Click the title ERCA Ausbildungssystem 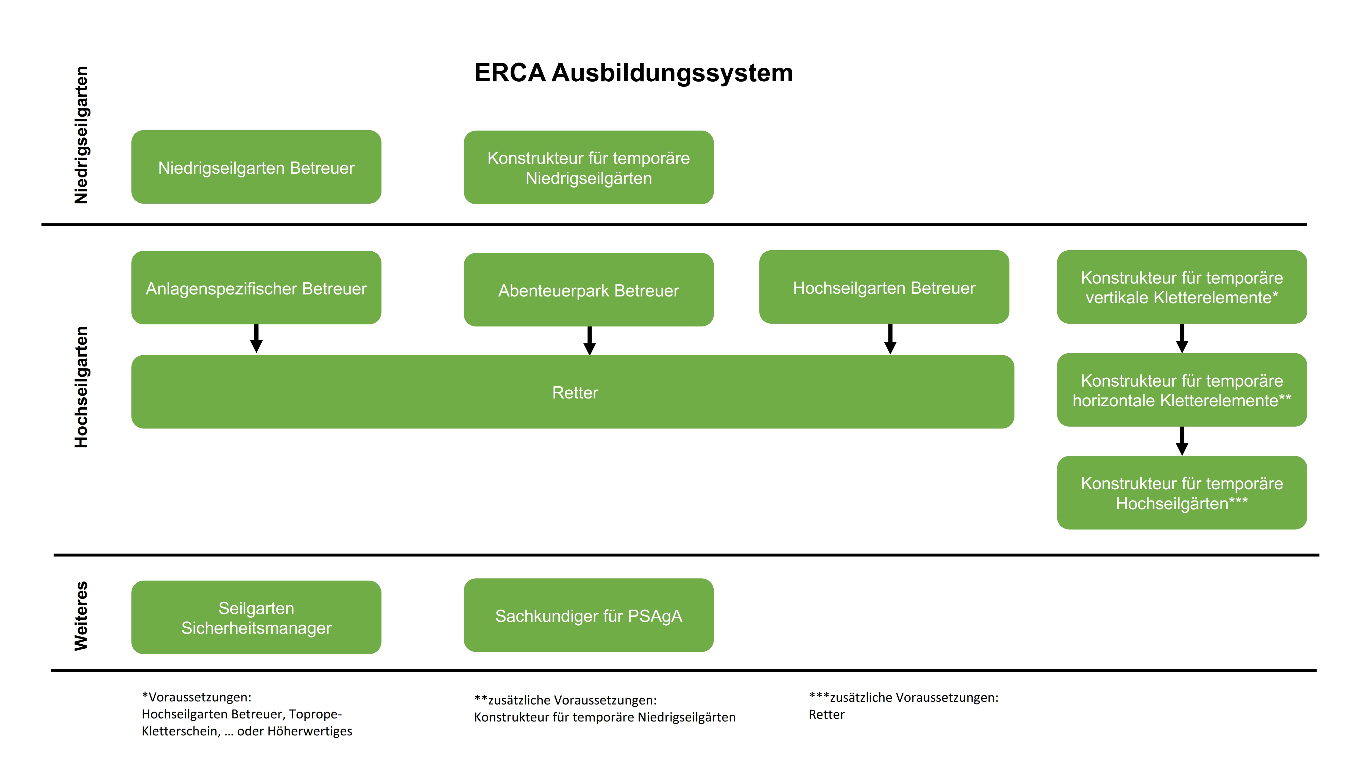pyautogui.click(x=633, y=73)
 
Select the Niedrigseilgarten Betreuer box pyautogui.click(x=256, y=167)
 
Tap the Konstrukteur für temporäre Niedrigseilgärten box pyautogui.click(x=588, y=167)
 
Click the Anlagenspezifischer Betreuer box pyautogui.click(x=256, y=288)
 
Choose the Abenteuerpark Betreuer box pyautogui.click(x=588, y=290)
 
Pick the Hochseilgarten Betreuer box pyautogui.click(x=884, y=287)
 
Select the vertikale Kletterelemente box pyautogui.click(x=1181, y=287)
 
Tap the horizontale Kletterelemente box pyautogui.click(x=1181, y=390)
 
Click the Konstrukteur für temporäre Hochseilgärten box pyautogui.click(x=1181, y=493)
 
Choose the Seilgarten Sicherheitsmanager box pyautogui.click(x=256, y=617)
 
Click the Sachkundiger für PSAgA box pyautogui.click(x=588, y=615)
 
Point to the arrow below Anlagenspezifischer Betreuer pyautogui.click(x=257, y=338)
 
